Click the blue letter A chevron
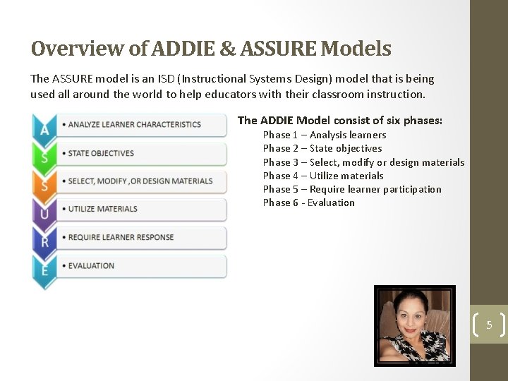[x=44, y=129]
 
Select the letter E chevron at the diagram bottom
[x=44, y=270]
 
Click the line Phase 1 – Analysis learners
[x=325, y=135]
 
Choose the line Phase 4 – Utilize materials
[x=323, y=176]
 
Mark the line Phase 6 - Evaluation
[x=309, y=202]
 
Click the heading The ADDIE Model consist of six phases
[x=340, y=121]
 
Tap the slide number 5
[x=488, y=325]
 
